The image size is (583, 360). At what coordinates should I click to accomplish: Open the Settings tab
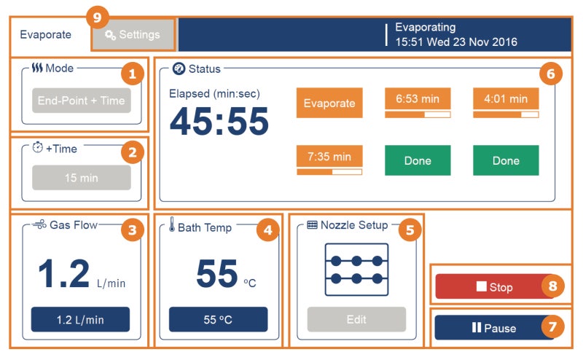click(133, 34)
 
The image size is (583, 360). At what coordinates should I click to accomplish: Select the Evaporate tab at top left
click(46, 34)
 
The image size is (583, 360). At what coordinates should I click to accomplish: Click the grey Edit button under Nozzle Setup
click(356, 319)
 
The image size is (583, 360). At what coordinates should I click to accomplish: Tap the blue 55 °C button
click(218, 319)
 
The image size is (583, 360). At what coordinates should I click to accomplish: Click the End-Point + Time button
click(82, 101)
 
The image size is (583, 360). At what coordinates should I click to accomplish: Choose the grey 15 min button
click(82, 178)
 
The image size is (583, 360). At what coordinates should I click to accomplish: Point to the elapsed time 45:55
click(219, 121)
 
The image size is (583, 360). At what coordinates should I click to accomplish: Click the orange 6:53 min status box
click(418, 98)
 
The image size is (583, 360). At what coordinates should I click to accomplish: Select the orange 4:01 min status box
click(506, 98)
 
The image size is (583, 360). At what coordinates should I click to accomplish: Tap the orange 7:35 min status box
click(329, 156)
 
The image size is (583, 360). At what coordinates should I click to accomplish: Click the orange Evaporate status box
click(329, 103)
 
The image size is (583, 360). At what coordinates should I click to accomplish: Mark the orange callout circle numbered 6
click(551, 74)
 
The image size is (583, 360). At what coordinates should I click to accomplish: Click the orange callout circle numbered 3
click(133, 230)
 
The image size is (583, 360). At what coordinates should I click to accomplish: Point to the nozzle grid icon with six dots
click(356, 270)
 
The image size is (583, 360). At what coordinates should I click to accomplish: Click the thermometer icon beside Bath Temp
click(171, 224)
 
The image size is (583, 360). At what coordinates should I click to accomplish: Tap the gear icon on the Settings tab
click(110, 35)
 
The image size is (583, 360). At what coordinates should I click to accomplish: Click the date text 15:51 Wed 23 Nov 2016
click(456, 42)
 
